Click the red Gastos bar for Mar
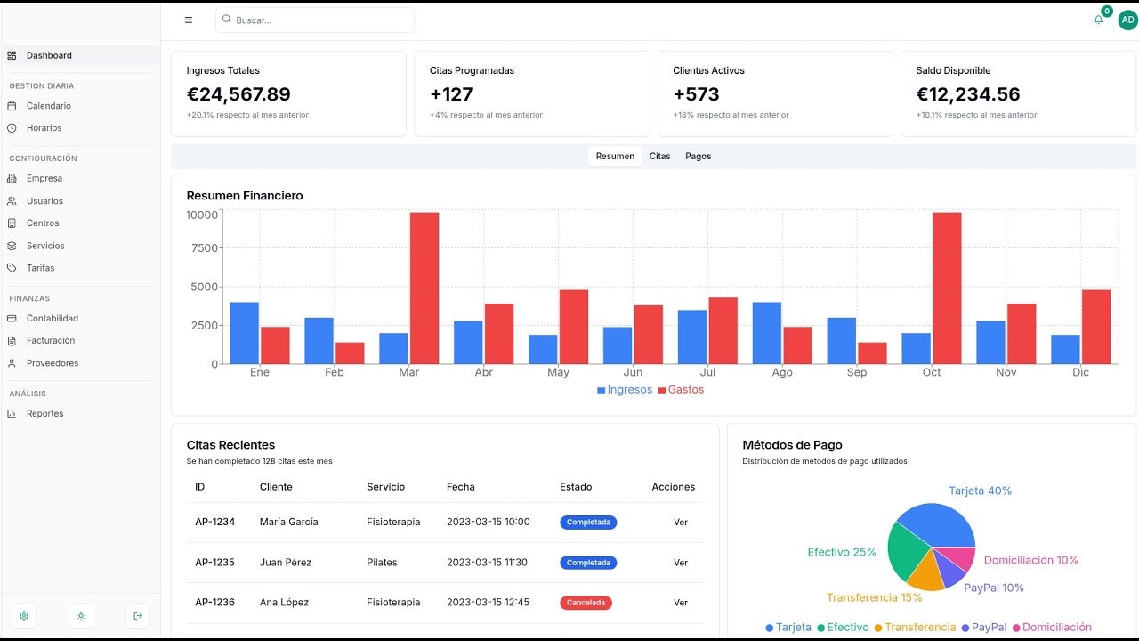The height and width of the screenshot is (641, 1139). (424, 288)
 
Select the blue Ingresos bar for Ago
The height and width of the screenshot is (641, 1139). (767, 333)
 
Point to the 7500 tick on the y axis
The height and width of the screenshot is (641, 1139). (205, 247)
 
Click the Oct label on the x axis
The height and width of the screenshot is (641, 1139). (931, 372)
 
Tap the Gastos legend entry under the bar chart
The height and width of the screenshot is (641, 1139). (681, 390)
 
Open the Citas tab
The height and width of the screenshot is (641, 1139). (659, 156)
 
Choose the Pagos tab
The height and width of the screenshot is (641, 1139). (698, 156)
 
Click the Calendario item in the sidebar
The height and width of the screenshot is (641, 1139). (48, 106)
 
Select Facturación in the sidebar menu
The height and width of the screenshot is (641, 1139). (51, 340)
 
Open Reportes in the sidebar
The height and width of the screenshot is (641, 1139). (44, 414)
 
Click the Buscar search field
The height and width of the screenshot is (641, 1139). (315, 20)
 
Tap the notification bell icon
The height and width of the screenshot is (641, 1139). (1098, 20)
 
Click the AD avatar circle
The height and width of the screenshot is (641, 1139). (1127, 20)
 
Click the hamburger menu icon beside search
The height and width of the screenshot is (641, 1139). (189, 20)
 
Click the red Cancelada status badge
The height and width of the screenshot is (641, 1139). (586, 603)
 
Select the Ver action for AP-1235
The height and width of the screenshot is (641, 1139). (681, 563)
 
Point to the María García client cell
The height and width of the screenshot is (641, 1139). (289, 522)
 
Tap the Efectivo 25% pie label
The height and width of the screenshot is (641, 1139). (842, 553)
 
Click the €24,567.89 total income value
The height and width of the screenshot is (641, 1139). (238, 94)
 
